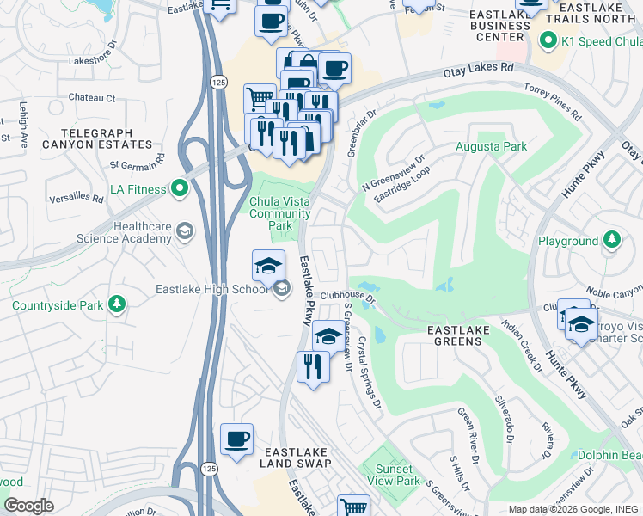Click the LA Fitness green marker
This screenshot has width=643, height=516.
click(x=180, y=187)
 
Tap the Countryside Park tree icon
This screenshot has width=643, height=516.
click(x=117, y=304)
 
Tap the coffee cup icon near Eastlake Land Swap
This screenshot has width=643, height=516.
click(x=236, y=439)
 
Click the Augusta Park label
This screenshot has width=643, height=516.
click(x=491, y=147)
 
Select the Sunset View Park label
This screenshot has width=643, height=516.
click(x=392, y=475)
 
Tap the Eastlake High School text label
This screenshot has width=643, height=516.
click(x=211, y=290)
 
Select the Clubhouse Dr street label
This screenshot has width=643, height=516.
click(x=349, y=296)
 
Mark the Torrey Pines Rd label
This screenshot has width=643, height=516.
click(x=551, y=100)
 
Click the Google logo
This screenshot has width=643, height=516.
click(x=28, y=505)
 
